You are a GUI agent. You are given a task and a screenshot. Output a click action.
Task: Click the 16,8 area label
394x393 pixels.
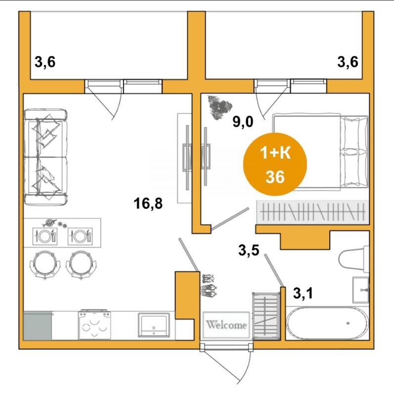click(x=148, y=203)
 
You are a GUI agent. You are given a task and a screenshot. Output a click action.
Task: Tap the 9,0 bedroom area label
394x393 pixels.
click(x=243, y=122)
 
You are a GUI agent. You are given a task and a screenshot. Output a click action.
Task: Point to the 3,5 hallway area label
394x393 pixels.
click(x=249, y=250)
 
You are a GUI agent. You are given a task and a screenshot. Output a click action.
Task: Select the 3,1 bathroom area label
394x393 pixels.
click(x=303, y=293)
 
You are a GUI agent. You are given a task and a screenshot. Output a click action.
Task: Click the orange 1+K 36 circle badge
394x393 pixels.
click(x=275, y=164)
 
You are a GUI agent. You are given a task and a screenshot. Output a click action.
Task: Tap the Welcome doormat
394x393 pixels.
click(x=226, y=325)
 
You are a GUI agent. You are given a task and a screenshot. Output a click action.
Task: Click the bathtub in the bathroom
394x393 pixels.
click(x=327, y=323)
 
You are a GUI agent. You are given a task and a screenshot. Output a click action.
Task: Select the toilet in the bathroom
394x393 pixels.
click(x=353, y=259)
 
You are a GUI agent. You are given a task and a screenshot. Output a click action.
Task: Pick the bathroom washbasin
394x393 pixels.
click(x=360, y=290)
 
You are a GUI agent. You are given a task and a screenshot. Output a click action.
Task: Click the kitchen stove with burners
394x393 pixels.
click(x=94, y=324)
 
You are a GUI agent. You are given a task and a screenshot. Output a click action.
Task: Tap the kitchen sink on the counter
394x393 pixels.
click(x=154, y=325)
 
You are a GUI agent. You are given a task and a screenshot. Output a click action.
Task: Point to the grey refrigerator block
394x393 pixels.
click(x=38, y=326)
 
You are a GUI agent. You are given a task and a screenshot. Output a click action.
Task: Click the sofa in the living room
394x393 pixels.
click(x=46, y=157)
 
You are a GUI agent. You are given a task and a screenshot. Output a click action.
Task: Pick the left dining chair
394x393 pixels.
click(x=45, y=265)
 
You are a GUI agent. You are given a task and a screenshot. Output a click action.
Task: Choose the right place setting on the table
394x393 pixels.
click(x=80, y=236)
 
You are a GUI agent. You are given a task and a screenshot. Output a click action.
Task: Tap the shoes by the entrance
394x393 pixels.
click(x=209, y=286)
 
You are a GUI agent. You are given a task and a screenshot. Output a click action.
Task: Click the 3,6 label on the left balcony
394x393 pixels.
click(x=45, y=62)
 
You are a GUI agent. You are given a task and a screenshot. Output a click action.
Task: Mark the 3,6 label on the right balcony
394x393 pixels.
click(x=348, y=62)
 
